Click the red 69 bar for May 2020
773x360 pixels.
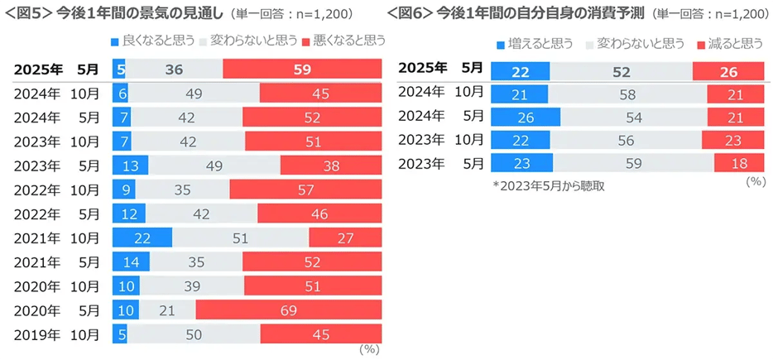[x=289, y=310]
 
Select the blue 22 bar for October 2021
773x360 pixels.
[x=142, y=238]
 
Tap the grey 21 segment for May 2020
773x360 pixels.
[x=167, y=310]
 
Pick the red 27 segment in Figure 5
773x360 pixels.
[x=345, y=238]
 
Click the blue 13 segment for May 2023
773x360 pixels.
[x=130, y=166]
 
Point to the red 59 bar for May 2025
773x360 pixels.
[x=302, y=70]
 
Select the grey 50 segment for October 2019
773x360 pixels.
[x=193, y=334]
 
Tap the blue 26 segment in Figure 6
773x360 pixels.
[x=526, y=116]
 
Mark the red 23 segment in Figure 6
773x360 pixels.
[x=733, y=140]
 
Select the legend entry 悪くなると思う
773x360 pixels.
[x=344, y=40]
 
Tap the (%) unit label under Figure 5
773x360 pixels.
[x=368, y=349]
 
